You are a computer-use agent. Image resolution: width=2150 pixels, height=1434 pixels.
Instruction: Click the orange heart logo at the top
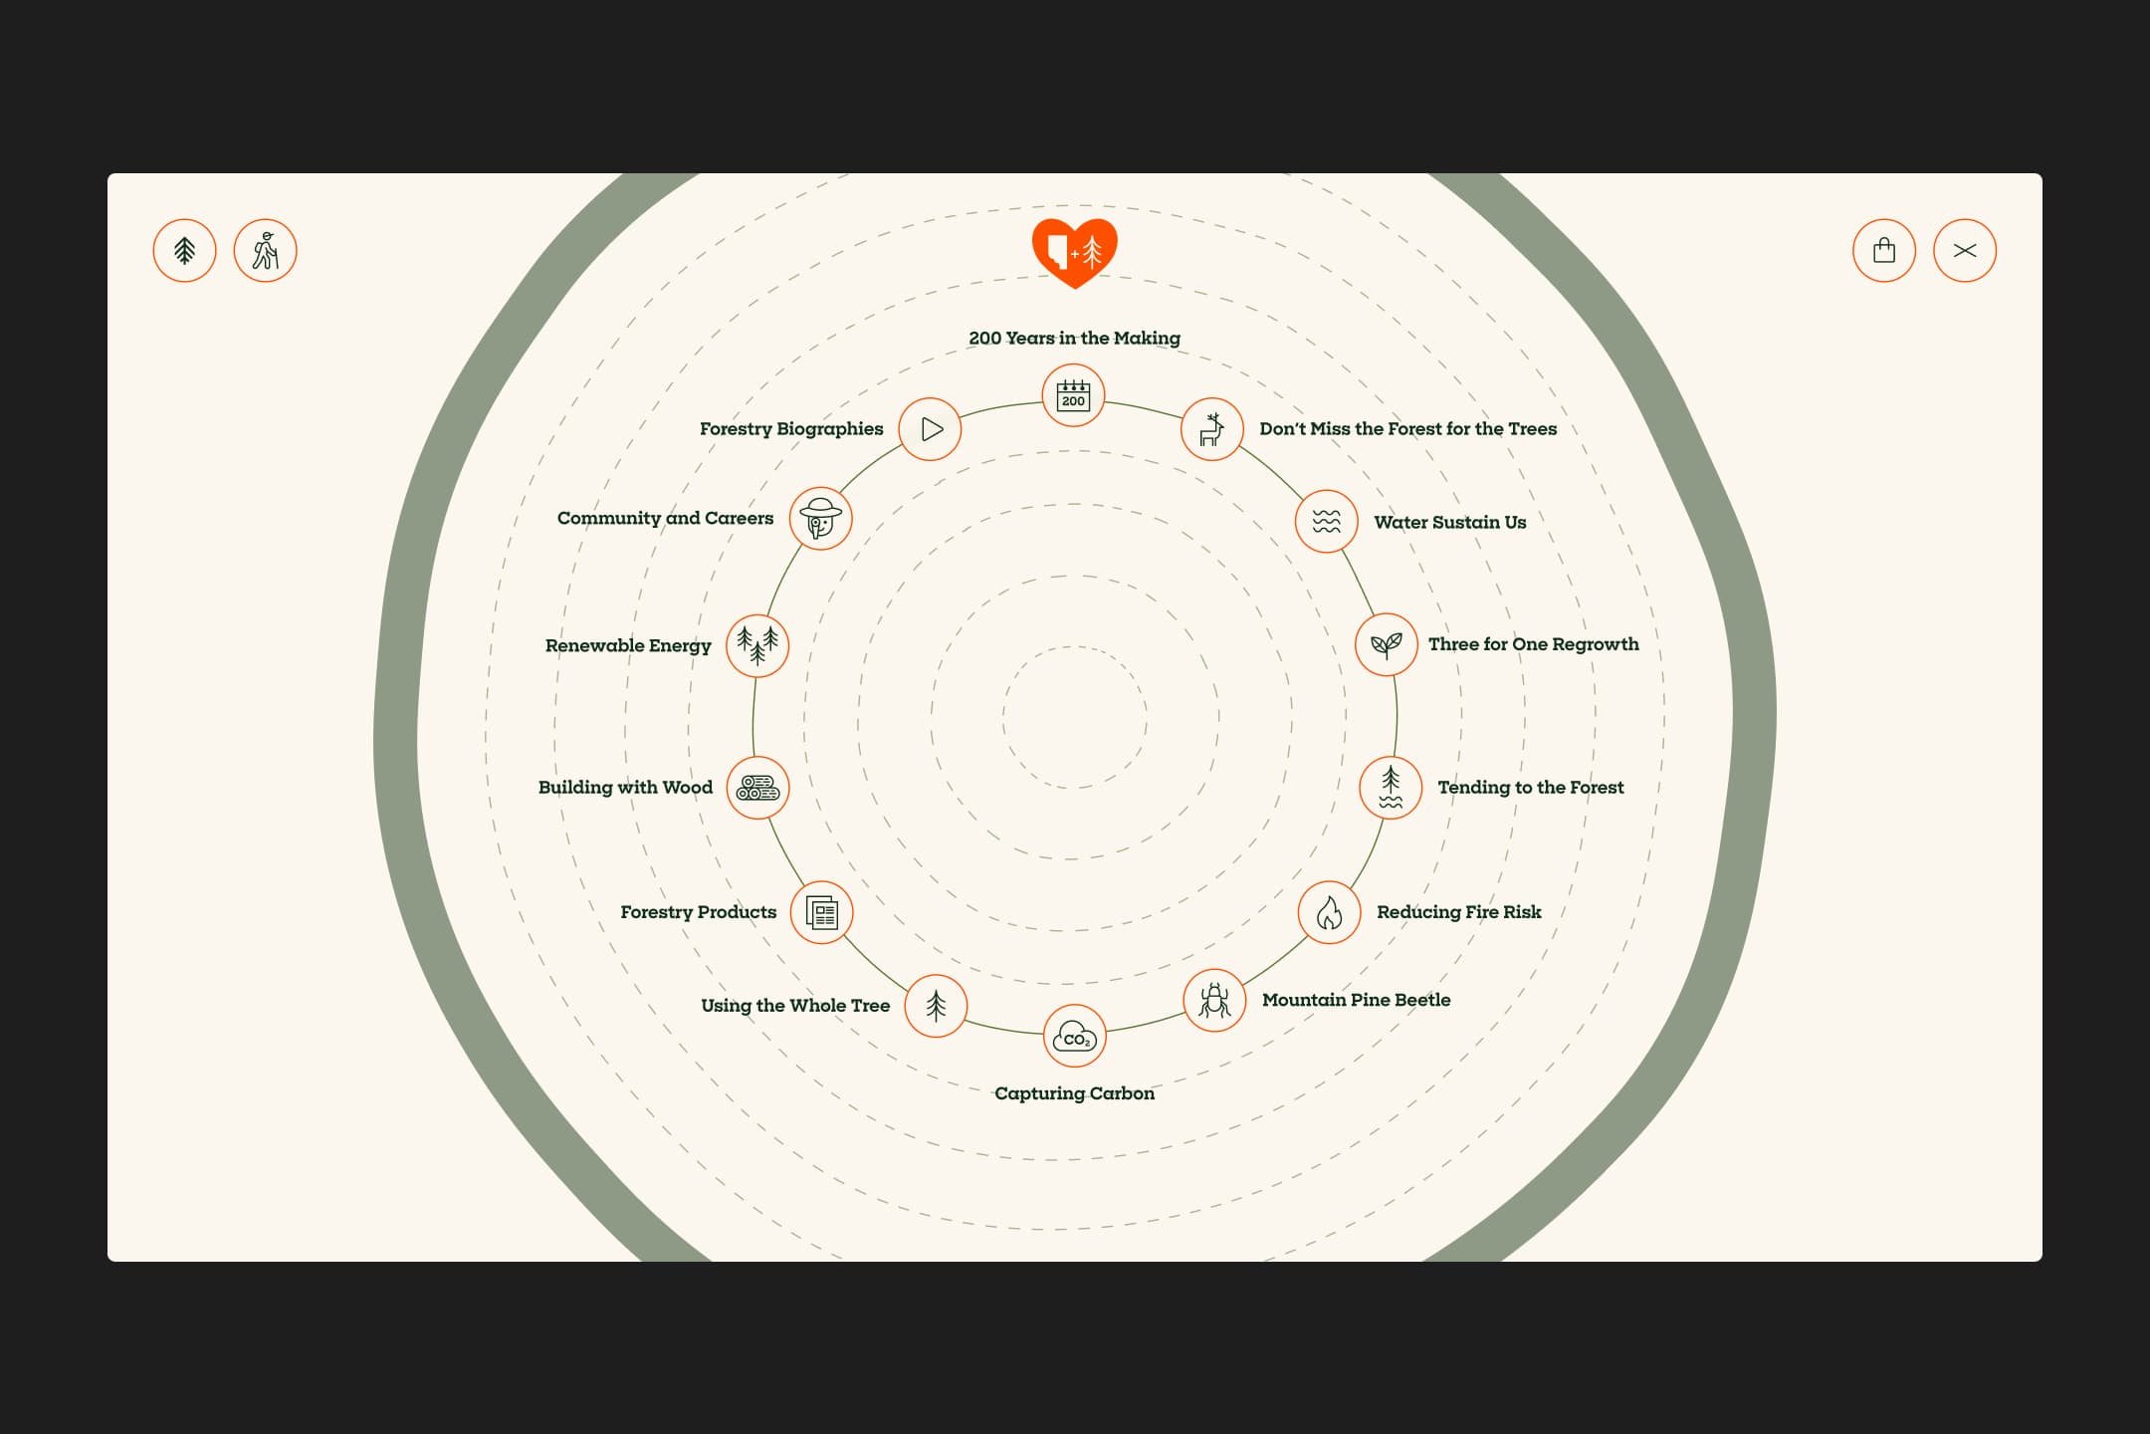[1074, 252]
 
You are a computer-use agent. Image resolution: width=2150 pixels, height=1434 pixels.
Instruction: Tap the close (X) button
[1964, 251]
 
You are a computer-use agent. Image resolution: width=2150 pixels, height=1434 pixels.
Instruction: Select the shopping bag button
[1883, 251]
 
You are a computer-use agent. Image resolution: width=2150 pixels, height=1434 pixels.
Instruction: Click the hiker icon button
[265, 251]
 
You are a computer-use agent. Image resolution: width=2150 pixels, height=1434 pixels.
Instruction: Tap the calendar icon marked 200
[1073, 395]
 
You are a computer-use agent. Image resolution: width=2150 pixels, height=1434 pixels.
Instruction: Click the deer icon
[1211, 429]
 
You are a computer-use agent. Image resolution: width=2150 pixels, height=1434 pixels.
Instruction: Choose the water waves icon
[1326, 521]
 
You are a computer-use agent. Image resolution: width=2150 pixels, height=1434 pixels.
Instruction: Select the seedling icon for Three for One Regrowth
[1386, 645]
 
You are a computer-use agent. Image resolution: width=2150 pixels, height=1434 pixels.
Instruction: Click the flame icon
[1329, 912]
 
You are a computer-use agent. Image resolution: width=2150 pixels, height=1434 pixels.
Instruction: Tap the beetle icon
[1213, 1000]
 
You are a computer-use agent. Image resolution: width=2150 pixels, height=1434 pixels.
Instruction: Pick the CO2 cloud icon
[1074, 1037]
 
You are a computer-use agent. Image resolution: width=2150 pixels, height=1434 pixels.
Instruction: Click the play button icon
[930, 429]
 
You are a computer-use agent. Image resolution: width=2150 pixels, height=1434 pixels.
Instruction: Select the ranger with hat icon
[820, 519]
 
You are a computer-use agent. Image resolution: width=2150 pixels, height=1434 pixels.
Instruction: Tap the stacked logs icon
[757, 788]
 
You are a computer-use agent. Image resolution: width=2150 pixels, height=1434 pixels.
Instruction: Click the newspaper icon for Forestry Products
[821, 912]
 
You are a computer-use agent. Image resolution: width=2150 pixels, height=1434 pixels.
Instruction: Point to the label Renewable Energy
[628, 645]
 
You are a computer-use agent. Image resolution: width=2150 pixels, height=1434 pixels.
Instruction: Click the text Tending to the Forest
[1530, 788]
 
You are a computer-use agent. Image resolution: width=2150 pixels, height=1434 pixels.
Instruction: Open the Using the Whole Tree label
[795, 1006]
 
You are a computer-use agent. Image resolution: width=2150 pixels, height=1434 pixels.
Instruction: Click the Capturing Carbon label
[1074, 1093]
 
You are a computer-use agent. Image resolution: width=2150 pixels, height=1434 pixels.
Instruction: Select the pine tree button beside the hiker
[184, 251]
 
